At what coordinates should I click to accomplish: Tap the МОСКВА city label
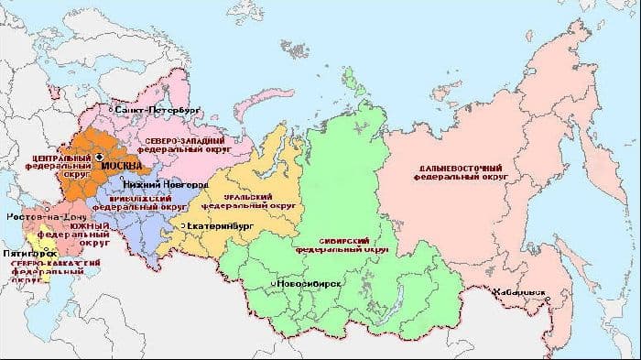tap(122, 166)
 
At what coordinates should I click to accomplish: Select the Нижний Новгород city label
tap(154, 184)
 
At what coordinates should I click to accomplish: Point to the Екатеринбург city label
tap(221, 224)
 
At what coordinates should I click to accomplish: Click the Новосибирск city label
tap(312, 285)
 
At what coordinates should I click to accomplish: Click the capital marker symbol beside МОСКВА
tap(99, 158)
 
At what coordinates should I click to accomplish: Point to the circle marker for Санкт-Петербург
tap(112, 109)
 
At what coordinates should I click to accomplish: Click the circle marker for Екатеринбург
tap(183, 224)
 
